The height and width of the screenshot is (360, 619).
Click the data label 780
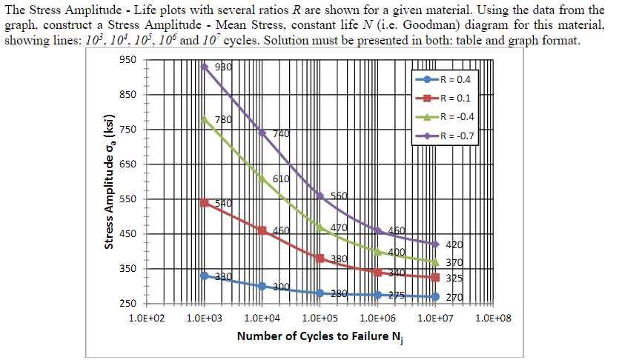(223, 119)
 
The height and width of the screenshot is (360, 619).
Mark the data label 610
(281, 179)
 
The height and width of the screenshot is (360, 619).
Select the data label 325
(454, 279)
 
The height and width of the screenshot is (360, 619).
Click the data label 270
(454, 297)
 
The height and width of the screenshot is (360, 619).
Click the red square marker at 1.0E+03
(205, 203)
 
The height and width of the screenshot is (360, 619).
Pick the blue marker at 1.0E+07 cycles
(436, 296)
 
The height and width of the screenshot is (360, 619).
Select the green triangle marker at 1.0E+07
(436, 261)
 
